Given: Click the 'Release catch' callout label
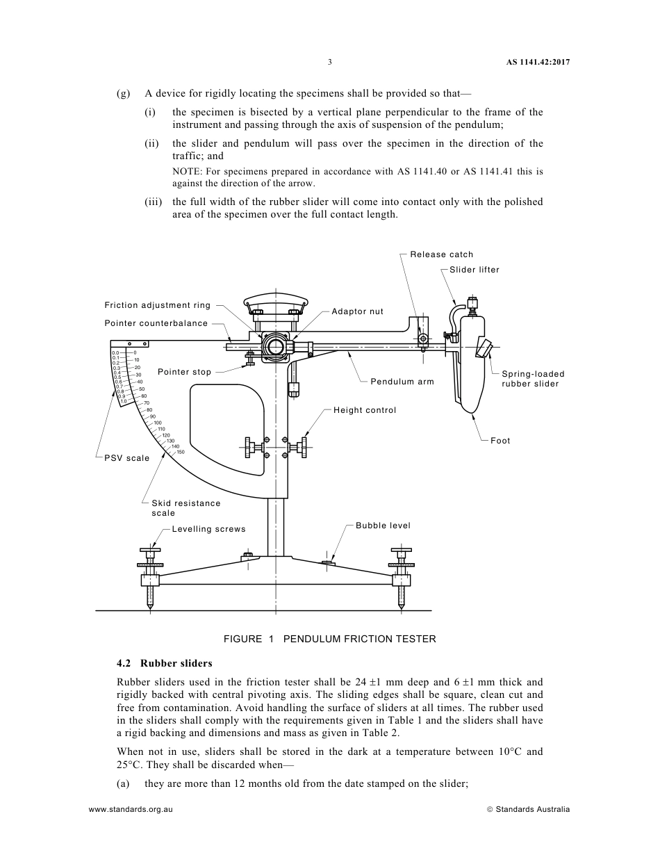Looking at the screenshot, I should [x=441, y=254].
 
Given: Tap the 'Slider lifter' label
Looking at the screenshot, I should [x=474, y=270].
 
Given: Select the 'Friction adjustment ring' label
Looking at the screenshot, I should [x=157, y=305].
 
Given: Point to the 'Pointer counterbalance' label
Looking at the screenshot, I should [x=156, y=323].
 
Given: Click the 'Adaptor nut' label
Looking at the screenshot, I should [x=357, y=311].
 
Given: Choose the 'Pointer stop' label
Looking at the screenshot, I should [x=184, y=372].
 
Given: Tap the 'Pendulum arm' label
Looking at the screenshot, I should [x=402, y=382].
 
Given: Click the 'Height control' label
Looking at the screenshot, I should [x=365, y=410].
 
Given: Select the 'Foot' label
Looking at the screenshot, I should [x=500, y=441].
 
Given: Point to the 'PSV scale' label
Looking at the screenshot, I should [x=127, y=458].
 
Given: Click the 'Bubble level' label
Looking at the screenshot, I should [x=383, y=526].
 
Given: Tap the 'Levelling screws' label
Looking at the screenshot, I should [x=208, y=529].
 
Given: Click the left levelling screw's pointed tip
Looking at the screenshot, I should [x=150, y=608].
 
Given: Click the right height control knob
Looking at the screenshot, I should [x=304, y=448].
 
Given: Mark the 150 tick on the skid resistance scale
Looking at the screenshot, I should [x=180, y=453].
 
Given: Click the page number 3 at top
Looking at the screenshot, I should [x=330, y=62].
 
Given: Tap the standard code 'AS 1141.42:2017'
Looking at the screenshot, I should [x=537, y=62].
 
